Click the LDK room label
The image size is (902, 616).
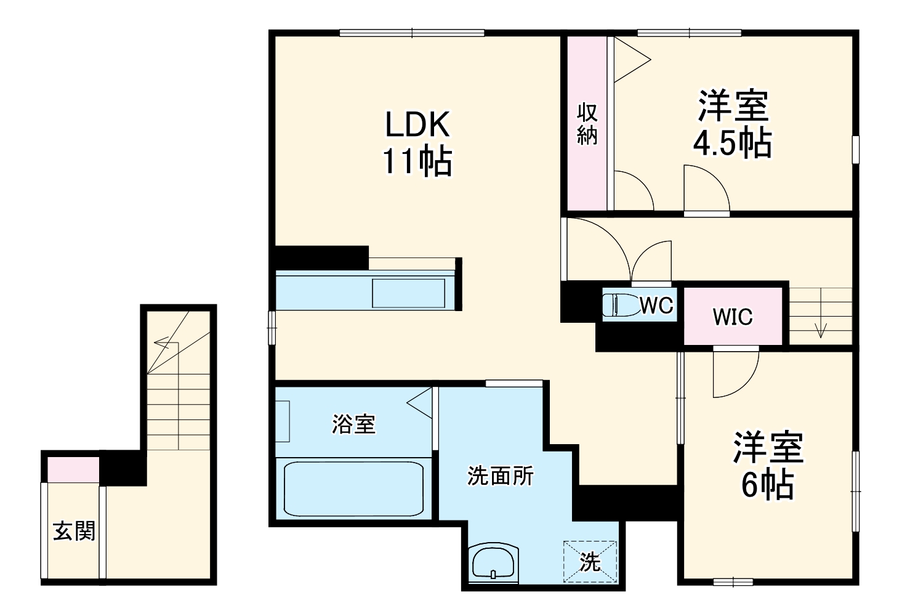click(x=417, y=124)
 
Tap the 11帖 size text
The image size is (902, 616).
click(x=417, y=161)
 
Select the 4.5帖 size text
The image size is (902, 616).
click(x=733, y=142)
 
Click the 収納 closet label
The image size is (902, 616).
click(x=587, y=124)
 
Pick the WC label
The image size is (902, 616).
click(x=656, y=306)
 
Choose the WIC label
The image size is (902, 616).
click(x=733, y=317)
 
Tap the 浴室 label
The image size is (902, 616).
click(x=353, y=424)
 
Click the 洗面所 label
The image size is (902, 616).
click(x=500, y=476)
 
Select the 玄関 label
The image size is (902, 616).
click(x=74, y=530)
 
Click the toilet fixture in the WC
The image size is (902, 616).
click(x=621, y=306)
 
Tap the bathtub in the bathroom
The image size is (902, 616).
click(x=353, y=489)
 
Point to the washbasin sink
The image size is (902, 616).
click(x=493, y=563)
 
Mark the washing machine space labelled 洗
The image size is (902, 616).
click(x=590, y=561)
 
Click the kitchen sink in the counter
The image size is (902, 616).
click(x=408, y=293)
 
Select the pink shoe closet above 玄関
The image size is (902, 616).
click(x=73, y=469)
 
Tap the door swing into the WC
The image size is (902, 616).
click(x=651, y=261)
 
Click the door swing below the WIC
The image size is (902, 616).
click(x=736, y=373)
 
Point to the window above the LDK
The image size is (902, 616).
click(x=411, y=33)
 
